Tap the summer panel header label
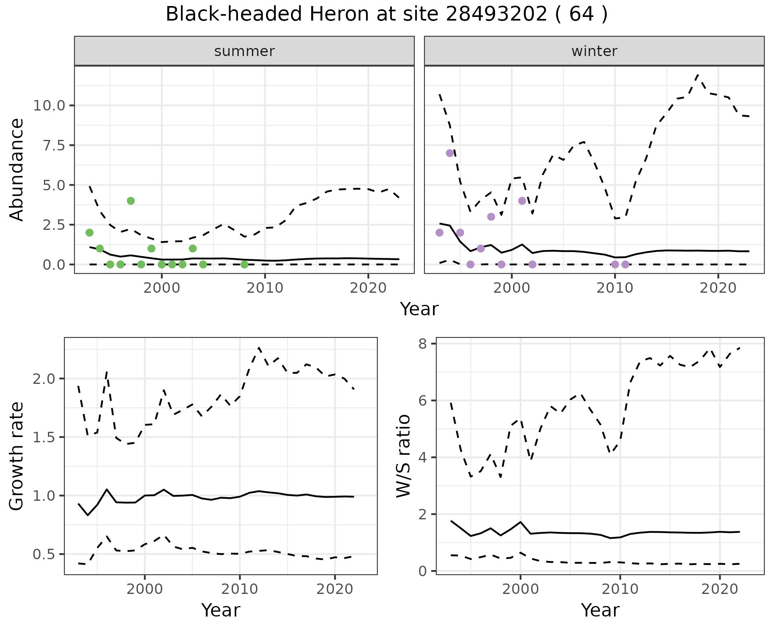(244, 51)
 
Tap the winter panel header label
(594, 51)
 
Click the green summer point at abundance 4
(131, 201)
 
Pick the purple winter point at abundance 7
(450, 153)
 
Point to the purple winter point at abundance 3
(491, 217)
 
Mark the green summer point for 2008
(244, 265)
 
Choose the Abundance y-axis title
(17, 169)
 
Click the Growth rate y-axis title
(17, 456)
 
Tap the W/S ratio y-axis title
(404, 456)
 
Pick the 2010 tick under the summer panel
(265, 288)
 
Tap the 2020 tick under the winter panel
(718, 288)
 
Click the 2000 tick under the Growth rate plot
(145, 589)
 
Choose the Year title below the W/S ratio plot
(600, 610)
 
